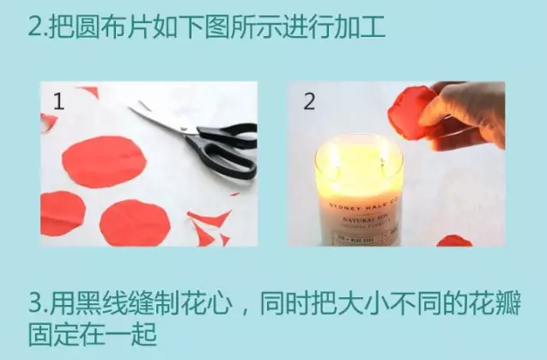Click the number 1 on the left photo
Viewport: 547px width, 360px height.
tap(59, 102)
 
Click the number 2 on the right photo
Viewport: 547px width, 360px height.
tap(309, 101)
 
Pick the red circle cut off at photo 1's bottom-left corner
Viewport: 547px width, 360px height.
tap(60, 215)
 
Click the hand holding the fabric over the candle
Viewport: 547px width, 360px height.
tap(468, 116)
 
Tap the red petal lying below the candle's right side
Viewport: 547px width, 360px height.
tap(454, 240)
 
